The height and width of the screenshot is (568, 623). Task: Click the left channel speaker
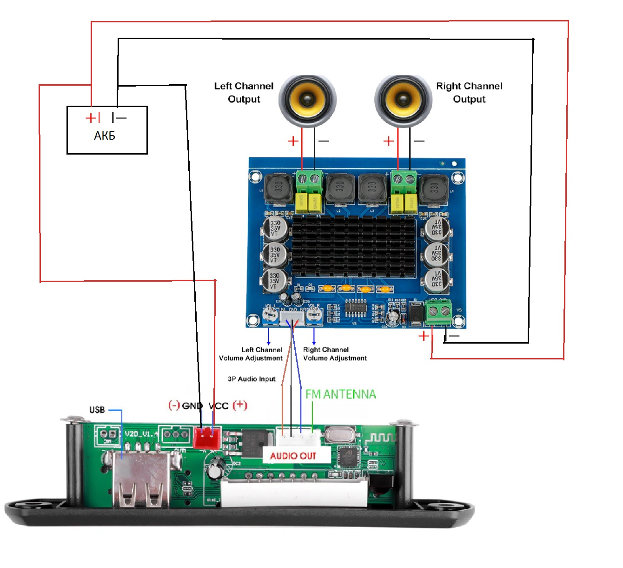pos(307,101)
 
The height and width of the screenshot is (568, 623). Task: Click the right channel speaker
pos(403,101)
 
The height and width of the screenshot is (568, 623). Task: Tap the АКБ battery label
pos(105,135)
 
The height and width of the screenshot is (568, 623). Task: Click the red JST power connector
pos(206,437)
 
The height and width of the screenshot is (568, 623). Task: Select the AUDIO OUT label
pos(293,456)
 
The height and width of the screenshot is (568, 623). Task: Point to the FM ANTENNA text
pos(340,394)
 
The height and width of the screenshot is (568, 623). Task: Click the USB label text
pos(97,410)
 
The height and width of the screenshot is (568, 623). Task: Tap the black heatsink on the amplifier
pos(353,247)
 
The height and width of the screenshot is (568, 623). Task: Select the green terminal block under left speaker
pos(310,182)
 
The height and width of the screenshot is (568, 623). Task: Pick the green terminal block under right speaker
pos(404,182)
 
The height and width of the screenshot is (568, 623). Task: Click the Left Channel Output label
pos(244,93)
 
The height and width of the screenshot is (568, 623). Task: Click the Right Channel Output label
pos(469,93)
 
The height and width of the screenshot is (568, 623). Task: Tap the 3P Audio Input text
pos(252,379)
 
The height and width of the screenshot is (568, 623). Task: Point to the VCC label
pos(219,406)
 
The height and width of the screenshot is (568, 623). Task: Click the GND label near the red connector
pos(192,406)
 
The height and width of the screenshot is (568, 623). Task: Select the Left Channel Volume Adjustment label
pos(251,354)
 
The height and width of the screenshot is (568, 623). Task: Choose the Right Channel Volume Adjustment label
pos(335,354)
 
